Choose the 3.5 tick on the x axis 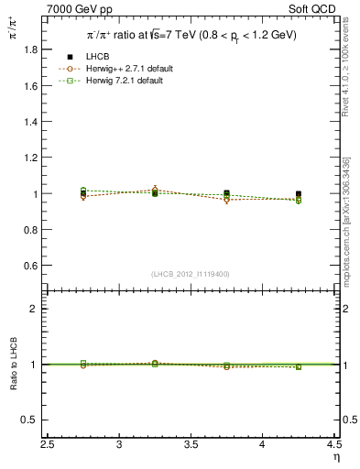191,444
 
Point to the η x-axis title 335,456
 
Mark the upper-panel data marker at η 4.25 299,194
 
